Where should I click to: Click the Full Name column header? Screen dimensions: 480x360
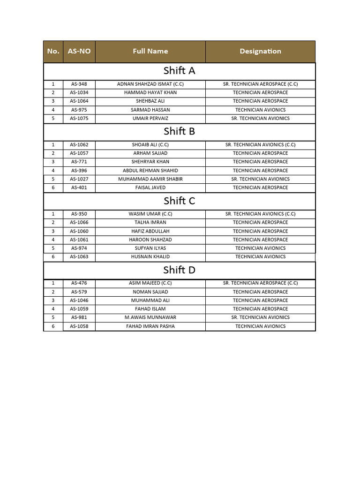[150, 52]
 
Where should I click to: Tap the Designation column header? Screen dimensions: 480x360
[260, 52]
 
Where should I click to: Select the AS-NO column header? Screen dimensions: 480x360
[79, 52]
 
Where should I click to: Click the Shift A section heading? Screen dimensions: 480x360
[179, 71]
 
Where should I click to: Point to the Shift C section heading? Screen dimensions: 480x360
[179, 201]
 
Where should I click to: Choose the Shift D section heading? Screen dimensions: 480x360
[179, 270]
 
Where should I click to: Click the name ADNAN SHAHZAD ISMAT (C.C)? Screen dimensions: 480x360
[150, 84]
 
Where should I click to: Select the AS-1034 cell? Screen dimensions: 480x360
[79, 92]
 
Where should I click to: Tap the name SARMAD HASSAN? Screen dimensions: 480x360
[150, 110]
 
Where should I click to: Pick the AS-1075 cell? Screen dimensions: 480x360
[79, 118]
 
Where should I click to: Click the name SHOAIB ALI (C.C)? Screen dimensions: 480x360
[150, 145]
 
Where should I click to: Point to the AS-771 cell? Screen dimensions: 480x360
[79, 162]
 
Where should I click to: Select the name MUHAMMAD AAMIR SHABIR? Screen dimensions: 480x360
[150, 179]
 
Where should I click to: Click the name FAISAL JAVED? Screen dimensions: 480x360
[150, 187]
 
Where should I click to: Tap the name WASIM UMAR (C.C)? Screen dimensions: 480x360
[150, 214]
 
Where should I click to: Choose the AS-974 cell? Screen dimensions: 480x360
[79, 248]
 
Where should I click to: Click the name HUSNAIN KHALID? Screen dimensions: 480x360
[150, 257]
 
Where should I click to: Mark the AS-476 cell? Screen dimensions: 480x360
[79, 283]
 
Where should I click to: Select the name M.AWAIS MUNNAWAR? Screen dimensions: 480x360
[150, 317]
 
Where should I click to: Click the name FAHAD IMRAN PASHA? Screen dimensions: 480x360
[150, 326]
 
